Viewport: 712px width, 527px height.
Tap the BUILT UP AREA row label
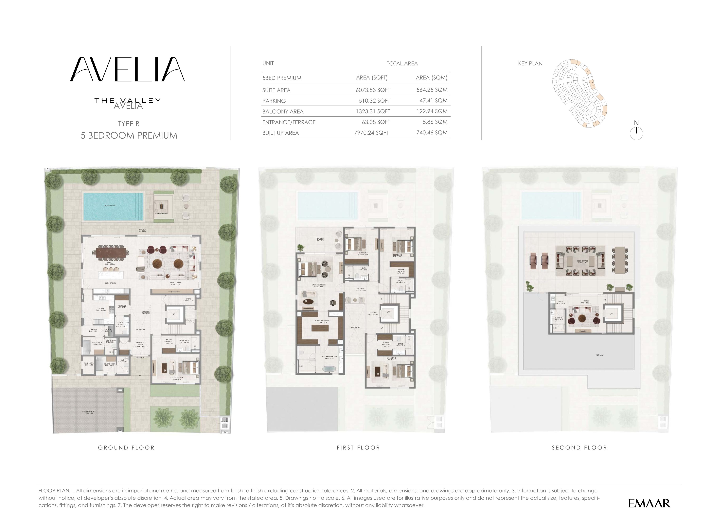point(280,133)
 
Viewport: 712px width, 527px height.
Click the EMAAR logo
point(649,503)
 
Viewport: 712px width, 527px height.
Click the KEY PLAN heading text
point(530,63)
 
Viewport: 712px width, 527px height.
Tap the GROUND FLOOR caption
point(126,447)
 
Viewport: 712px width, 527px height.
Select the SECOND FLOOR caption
point(579,447)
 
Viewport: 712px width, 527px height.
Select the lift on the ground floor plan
point(174,314)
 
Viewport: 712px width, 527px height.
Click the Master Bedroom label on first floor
point(318,285)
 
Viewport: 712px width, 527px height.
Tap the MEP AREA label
point(599,355)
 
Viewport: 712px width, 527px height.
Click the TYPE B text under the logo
point(129,124)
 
